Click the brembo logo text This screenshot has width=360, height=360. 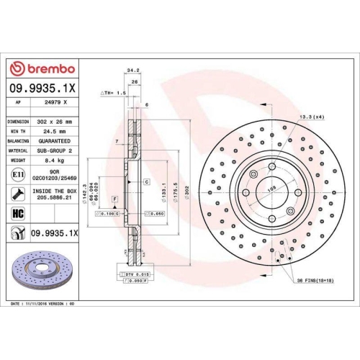tap(48, 68)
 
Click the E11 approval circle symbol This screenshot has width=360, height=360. tap(17, 175)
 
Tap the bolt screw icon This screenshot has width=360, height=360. tap(17, 193)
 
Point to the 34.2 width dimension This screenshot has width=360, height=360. tap(132, 71)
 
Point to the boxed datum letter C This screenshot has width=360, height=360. tap(145, 183)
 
